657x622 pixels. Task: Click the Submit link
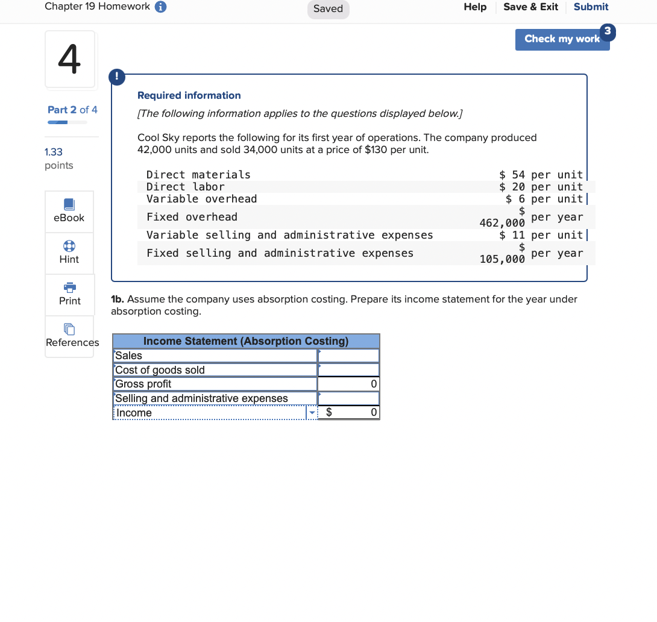(x=591, y=7)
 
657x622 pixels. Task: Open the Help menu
(x=475, y=7)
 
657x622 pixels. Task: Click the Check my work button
(x=562, y=39)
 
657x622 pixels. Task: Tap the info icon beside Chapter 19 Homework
(x=161, y=7)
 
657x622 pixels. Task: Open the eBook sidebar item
(x=69, y=211)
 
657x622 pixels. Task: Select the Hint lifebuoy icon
(x=69, y=247)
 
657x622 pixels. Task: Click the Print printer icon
(x=69, y=287)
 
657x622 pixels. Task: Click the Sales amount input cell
(x=348, y=356)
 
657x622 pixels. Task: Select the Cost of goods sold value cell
(x=348, y=370)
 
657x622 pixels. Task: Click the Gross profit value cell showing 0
(x=348, y=384)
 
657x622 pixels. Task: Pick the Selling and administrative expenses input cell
(x=348, y=398)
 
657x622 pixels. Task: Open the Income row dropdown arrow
(x=312, y=413)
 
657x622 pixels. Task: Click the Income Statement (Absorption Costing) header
(x=246, y=341)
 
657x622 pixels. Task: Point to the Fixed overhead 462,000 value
(x=502, y=223)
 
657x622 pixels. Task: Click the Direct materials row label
(x=198, y=175)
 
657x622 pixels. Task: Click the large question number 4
(x=69, y=59)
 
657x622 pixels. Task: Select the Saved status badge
(x=328, y=9)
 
